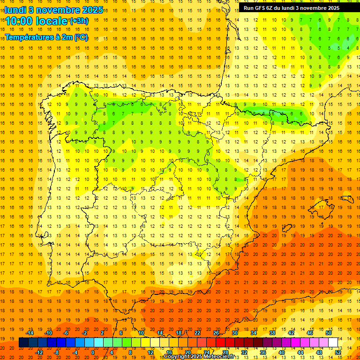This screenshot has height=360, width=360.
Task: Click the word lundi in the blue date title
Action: click(x=15, y=9)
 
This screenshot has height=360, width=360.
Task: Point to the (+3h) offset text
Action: click(x=78, y=21)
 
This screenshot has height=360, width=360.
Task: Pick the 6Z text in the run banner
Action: click(x=273, y=8)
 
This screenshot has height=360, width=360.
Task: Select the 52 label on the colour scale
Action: click(x=338, y=352)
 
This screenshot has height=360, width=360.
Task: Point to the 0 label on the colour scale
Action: click(x=93, y=352)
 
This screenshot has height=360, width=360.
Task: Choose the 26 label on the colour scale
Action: click(x=216, y=333)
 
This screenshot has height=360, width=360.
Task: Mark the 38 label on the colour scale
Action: click(x=272, y=333)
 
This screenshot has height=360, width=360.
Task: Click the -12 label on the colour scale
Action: click(x=39, y=352)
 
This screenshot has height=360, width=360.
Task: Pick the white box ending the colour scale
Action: click(x=333, y=343)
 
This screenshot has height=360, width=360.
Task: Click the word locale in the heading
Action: click(x=49, y=21)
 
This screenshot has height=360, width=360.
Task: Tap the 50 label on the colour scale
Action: click(x=329, y=333)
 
